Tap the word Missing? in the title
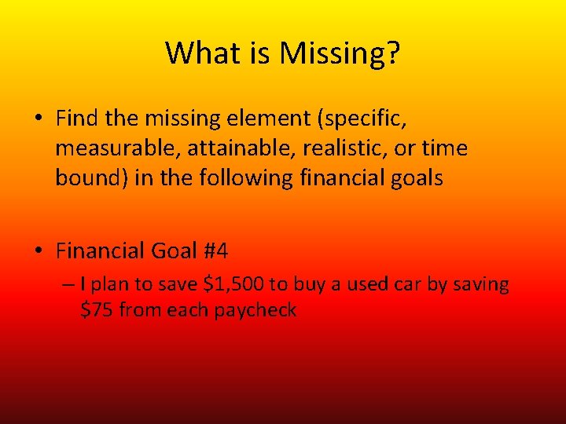point(340,53)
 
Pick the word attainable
point(217,148)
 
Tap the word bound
point(83,178)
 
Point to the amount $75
point(97,310)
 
